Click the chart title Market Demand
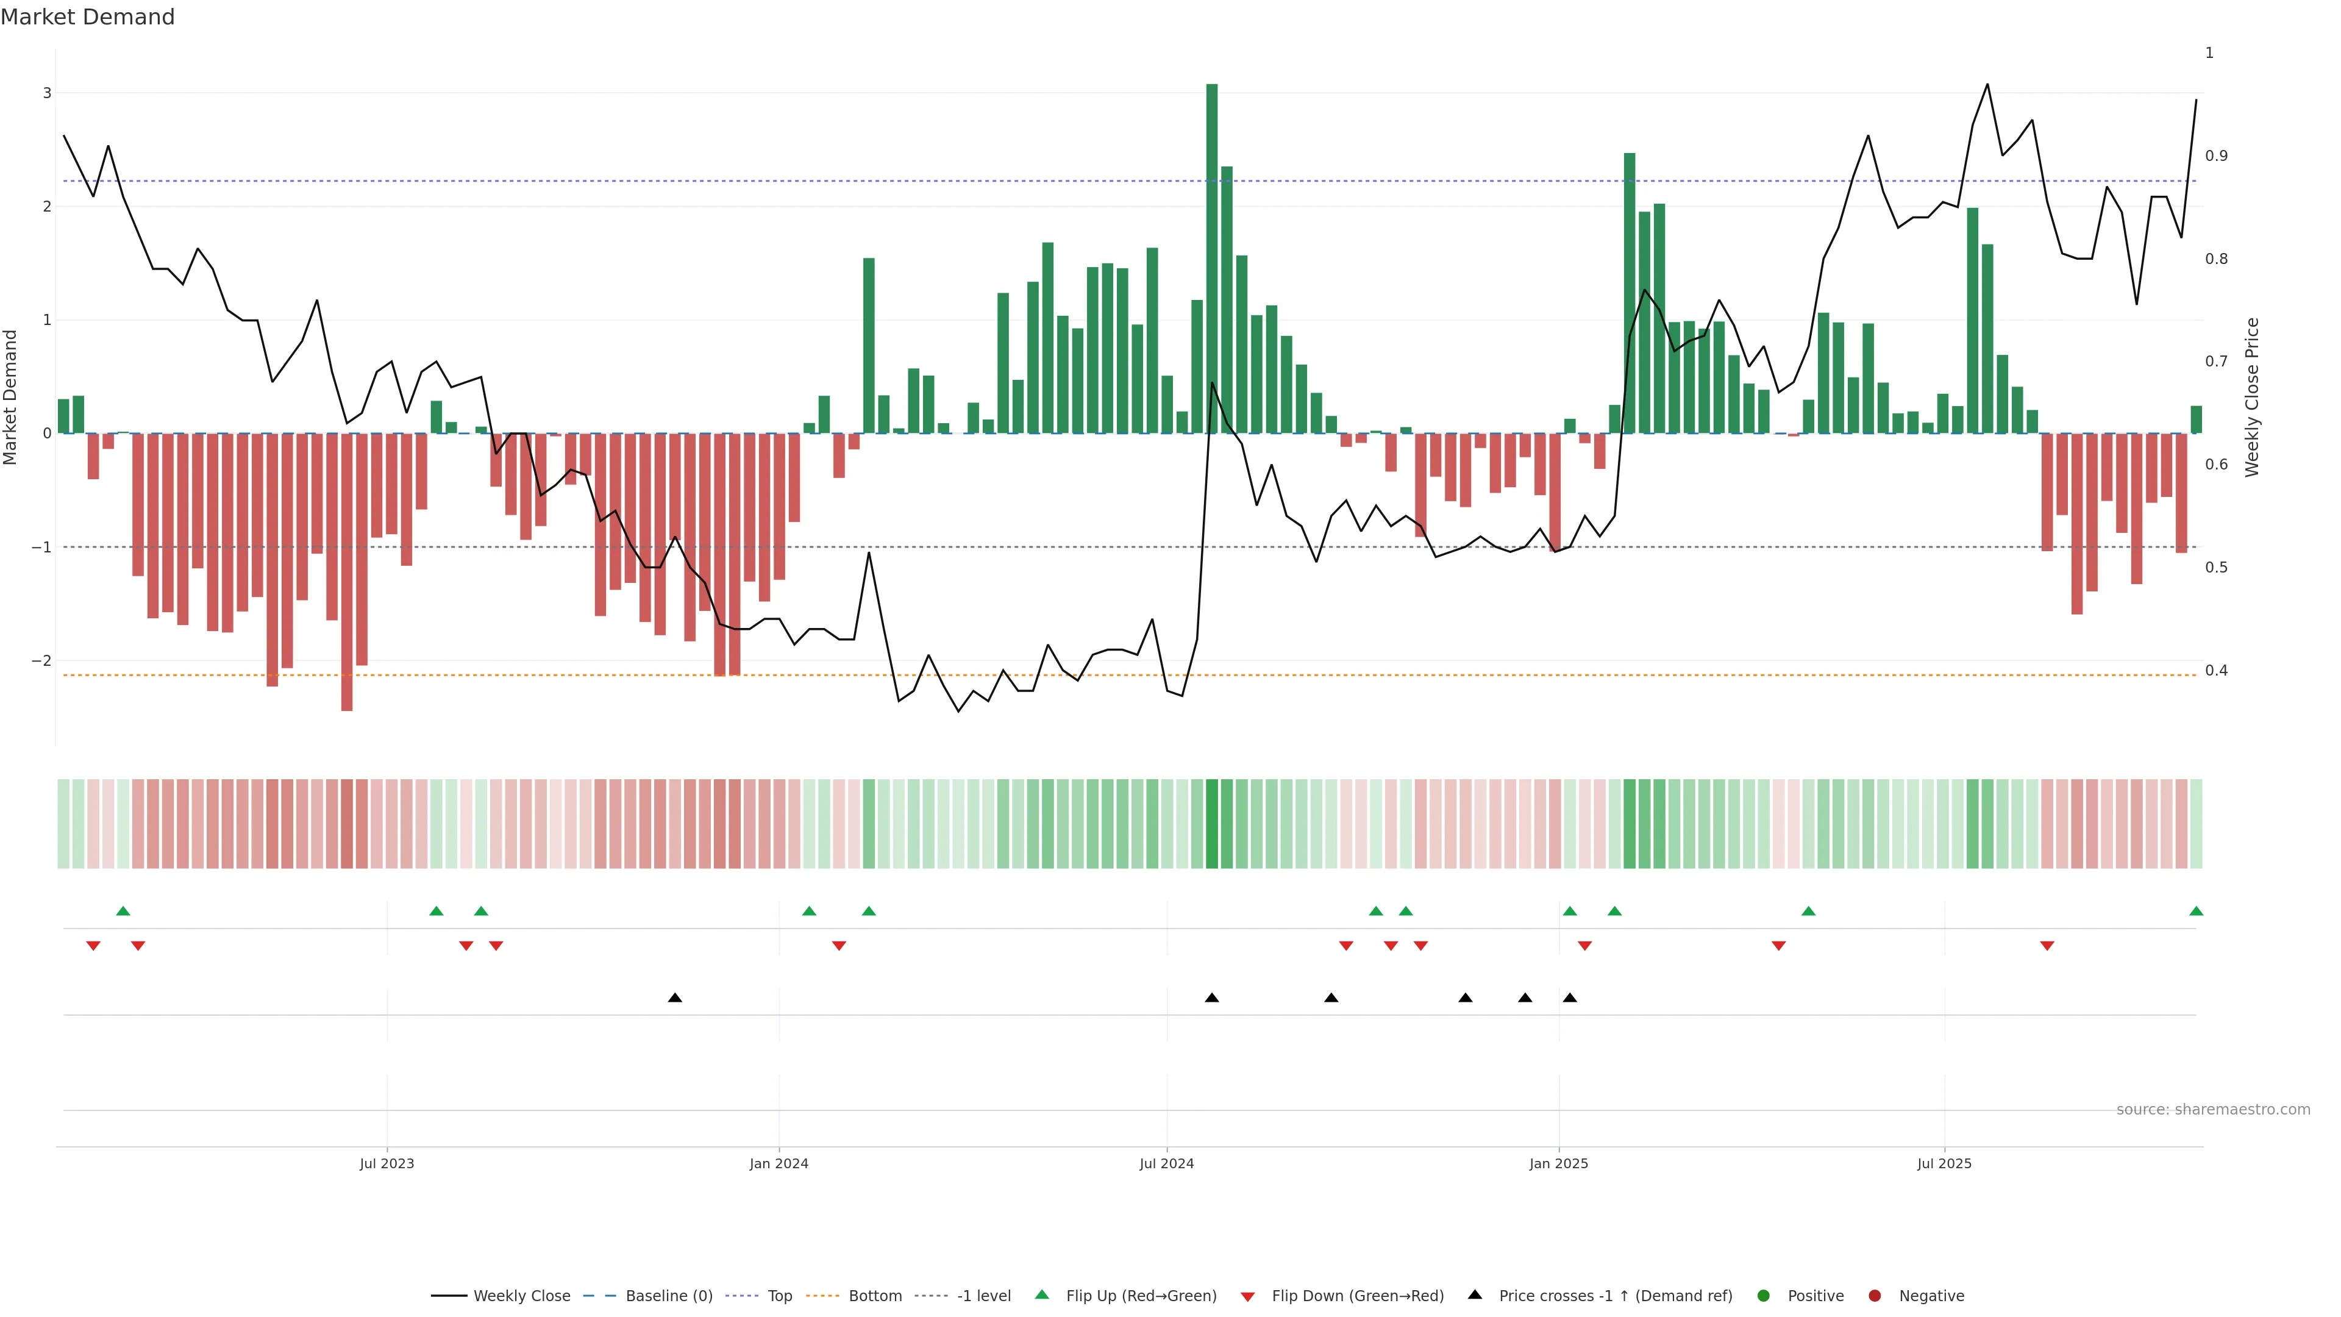pos(87,17)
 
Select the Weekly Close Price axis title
pos(2252,397)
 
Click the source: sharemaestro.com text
pos(2213,1110)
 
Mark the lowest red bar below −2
pos(346,573)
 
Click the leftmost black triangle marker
pos(674,998)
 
